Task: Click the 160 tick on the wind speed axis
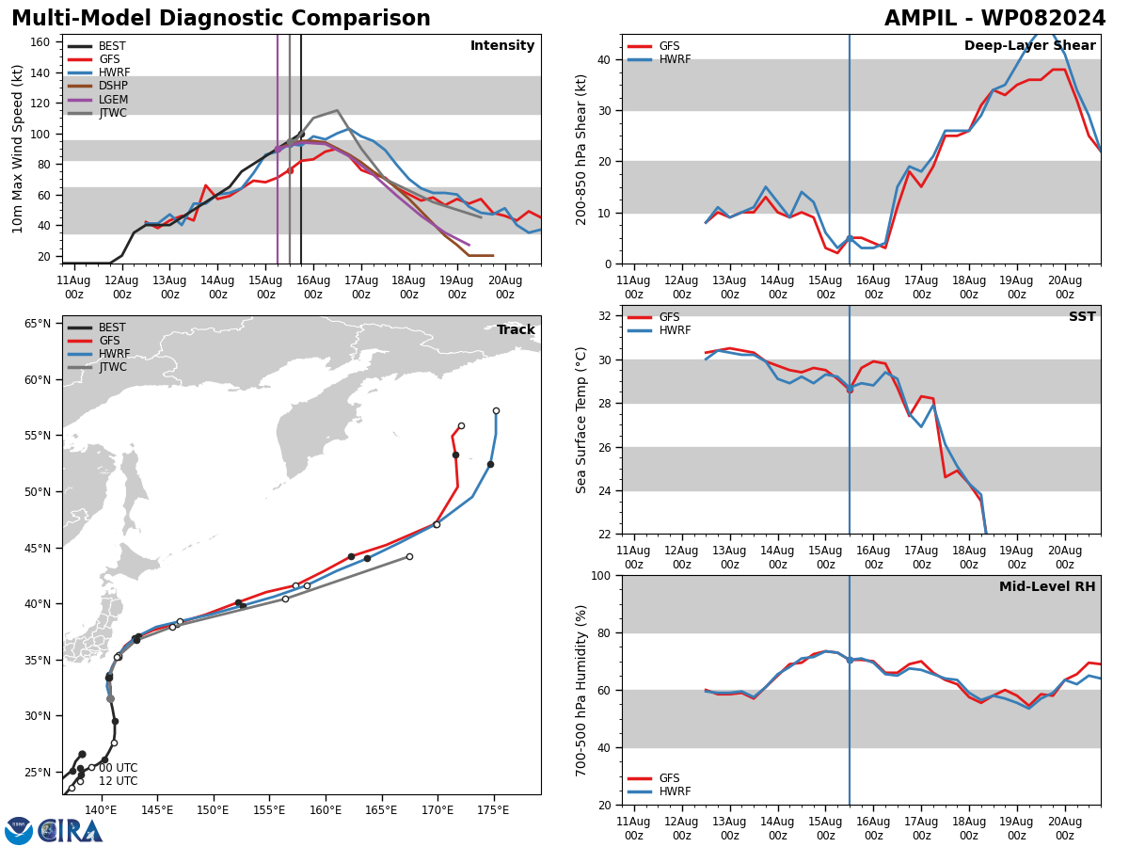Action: pyautogui.click(x=40, y=42)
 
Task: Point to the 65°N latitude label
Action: pyautogui.click(x=38, y=324)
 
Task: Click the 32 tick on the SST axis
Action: pyautogui.click(x=605, y=316)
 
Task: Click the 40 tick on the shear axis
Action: pyautogui.click(x=605, y=59)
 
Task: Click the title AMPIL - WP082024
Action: pyautogui.click(x=994, y=19)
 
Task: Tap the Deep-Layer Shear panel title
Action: pyautogui.click(x=1029, y=45)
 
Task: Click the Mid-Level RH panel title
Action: pyautogui.click(x=1047, y=586)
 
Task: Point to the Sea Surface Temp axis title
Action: pyautogui.click(x=580, y=420)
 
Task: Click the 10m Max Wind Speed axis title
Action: pyautogui.click(x=17, y=149)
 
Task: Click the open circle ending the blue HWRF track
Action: pyautogui.click(x=496, y=411)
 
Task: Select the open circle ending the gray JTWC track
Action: pyautogui.click(x=409, y=556)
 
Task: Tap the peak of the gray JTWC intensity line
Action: pyautogui.click(x=337, y=110)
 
